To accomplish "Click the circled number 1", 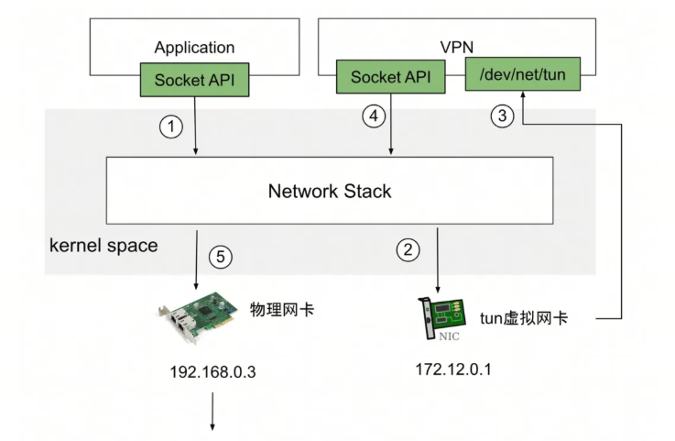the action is [171, 127].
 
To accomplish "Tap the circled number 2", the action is [408, 249].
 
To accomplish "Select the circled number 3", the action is [502, 116].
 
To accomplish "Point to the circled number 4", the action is [374, 116].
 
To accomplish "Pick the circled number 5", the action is [221, 257].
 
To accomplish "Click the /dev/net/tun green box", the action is [523, 74].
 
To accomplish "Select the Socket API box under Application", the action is [194, 80].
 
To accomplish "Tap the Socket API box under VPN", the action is [390, 77].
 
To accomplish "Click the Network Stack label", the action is [330, 191].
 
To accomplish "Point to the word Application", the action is [194, 48].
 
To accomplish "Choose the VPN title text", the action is [457, 47].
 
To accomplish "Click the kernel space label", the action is [103, 246].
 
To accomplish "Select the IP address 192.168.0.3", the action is [212, 371].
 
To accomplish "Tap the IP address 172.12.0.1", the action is [452, 369].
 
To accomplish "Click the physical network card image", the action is [198, 317].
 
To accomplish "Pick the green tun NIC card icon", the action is [442, 318].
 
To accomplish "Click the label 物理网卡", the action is [282, 310].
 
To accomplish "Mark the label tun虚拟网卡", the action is [524, 318].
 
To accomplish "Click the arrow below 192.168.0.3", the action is [212, 412].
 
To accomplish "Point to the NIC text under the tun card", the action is [449, 336].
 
